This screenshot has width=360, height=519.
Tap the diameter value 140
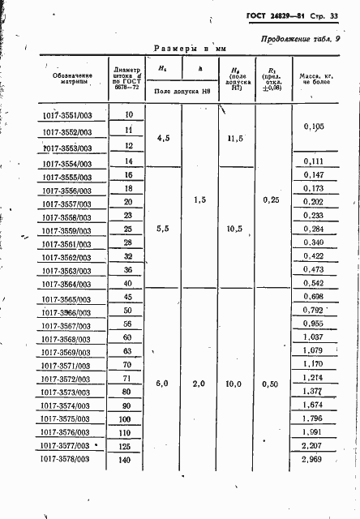[x=126, y=460]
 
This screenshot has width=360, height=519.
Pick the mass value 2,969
[x=312, y=460]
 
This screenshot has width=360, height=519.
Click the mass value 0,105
[x=313, y=127]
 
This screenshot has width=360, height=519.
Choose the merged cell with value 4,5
[x=161, y=139]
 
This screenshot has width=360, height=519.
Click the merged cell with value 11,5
[x=236, y=139]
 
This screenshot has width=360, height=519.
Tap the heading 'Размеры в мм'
[x=182, y=49]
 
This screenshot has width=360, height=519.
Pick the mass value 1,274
[x=312, y=378]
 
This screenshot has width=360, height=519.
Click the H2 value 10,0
[x=236, y=381]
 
